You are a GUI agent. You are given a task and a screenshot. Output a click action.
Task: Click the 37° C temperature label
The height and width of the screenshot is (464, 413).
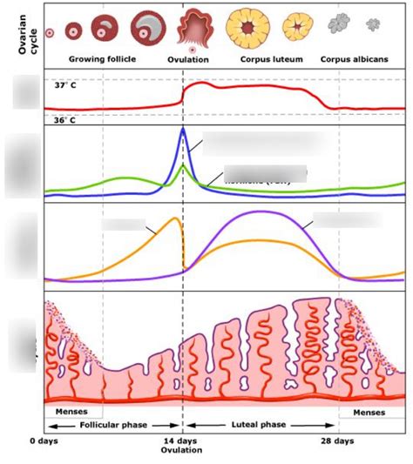tap(64, 87)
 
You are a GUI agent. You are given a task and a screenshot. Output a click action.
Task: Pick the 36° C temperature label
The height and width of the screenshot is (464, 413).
tap(64, 119)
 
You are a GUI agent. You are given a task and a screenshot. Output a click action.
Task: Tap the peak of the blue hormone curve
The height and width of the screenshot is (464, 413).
tap(182, 130)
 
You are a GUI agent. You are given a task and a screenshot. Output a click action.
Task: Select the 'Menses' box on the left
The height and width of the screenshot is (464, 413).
tap(71, 411)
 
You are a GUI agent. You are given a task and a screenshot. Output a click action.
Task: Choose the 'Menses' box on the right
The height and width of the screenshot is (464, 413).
tap(372, 411)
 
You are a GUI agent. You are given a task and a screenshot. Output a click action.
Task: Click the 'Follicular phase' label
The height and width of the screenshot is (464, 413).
tap(112, 426)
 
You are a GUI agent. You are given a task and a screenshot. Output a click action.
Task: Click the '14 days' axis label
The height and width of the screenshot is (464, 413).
tap(181, 441)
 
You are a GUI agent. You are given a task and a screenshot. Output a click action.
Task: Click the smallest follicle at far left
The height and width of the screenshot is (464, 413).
tap(50, 32)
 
